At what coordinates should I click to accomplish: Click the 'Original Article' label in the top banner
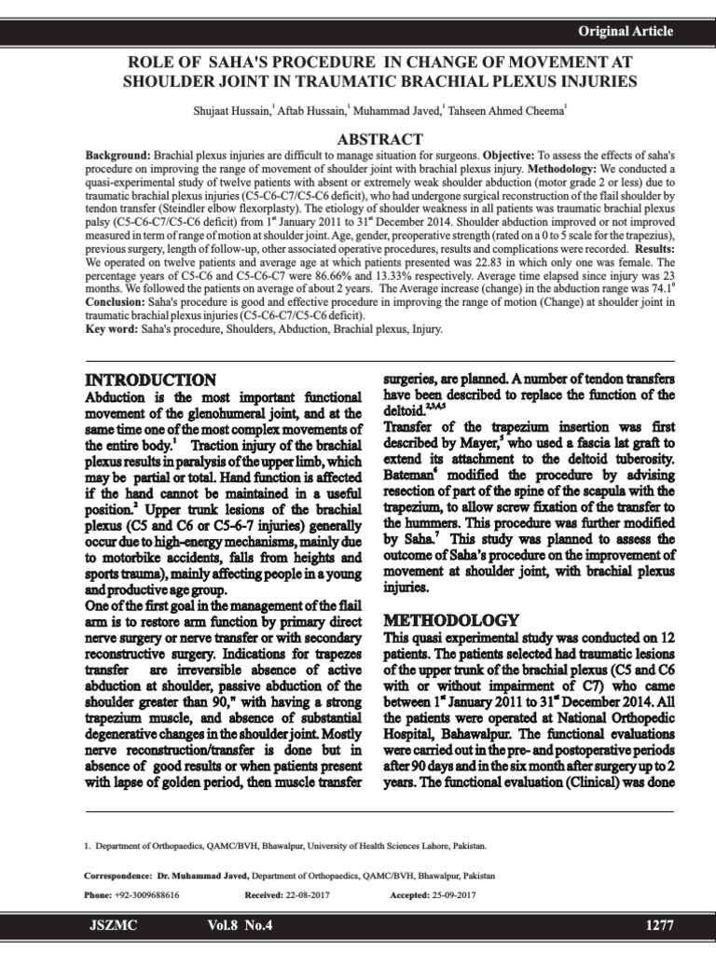tap(626, 32)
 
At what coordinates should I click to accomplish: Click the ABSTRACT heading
tap(358, 139)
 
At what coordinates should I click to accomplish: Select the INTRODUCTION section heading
tap(151, 381)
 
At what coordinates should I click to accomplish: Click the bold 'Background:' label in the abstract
tap(117, 153)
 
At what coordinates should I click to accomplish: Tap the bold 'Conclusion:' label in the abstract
tap(120, 303)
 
